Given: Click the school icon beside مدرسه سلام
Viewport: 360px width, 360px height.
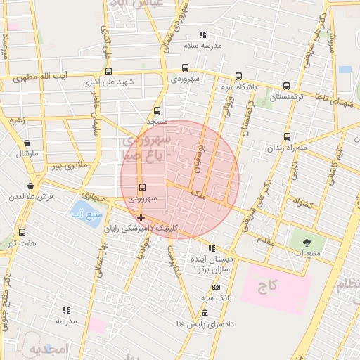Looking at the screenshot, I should coord(202,34).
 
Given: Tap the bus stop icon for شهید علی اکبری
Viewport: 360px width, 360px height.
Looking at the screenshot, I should coord(108,70).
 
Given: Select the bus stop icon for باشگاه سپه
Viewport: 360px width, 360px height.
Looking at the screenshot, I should coord(238,76).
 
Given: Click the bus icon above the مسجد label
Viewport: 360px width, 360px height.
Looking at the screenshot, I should coord(157,110).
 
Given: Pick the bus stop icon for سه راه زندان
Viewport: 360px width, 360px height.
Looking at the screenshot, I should coord(286,137).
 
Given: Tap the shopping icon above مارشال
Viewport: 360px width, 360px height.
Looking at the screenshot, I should coord(27,143).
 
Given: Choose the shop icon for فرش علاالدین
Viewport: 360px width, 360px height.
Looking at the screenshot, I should coord(30,186).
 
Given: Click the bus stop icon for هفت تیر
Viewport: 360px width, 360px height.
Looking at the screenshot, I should coord(22,232).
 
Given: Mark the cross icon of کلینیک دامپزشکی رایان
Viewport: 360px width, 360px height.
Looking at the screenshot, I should coord(141,217).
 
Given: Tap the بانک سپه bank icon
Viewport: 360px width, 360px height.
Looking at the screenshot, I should coord(215,287).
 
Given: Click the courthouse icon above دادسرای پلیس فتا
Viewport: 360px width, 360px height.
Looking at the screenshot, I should coord(205,312).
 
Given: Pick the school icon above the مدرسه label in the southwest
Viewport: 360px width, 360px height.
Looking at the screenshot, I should coord(66,309).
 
